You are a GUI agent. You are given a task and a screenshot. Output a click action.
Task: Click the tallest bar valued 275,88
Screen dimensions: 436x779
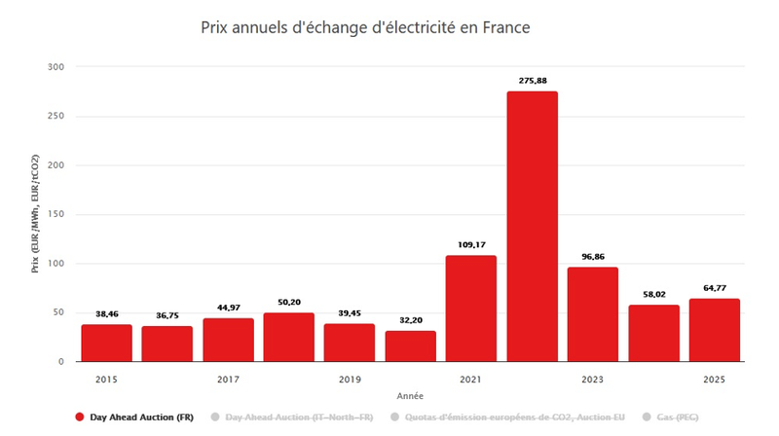tap(532, 226)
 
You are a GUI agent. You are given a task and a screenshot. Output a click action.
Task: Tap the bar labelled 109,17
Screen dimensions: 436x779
tap(471, 308)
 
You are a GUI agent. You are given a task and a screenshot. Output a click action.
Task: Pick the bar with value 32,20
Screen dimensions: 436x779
tap(410, 345)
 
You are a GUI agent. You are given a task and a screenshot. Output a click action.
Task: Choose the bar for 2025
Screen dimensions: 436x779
tap(714, 330)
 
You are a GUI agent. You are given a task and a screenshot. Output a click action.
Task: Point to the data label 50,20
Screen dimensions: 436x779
tap(288, 303)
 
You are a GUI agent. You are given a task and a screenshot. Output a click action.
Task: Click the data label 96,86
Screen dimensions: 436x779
tap(592, 257)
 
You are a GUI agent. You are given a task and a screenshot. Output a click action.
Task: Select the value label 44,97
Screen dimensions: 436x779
tap(228, 308)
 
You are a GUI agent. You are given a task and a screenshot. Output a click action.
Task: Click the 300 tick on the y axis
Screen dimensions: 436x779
tap(56, 67)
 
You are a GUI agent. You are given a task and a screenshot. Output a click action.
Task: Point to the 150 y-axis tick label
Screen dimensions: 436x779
tap(56, 214)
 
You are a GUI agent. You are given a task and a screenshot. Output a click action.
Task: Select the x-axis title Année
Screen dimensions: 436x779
tap(410, 396)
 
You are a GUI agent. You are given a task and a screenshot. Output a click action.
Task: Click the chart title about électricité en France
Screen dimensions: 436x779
tap(365, 28)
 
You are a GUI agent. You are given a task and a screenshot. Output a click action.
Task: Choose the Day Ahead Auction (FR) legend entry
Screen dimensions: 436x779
tap(141, 418)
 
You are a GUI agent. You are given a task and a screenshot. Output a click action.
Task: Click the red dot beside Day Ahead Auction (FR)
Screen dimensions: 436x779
tap(79, 418)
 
